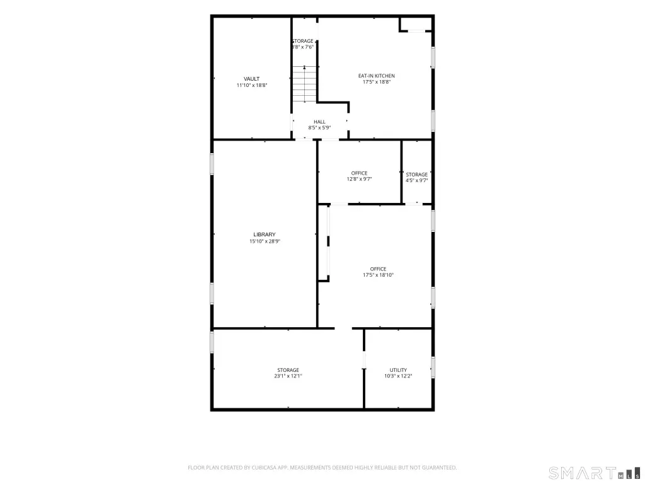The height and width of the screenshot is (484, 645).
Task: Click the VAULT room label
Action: click(x=251, y=79)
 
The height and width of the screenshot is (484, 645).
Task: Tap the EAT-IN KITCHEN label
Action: click(x=377, y=76)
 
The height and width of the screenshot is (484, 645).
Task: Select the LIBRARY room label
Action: click(x=265, y=234)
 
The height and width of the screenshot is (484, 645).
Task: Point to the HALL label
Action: click(x=319, y=122)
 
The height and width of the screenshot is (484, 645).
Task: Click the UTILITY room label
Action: click(x=398, y=370)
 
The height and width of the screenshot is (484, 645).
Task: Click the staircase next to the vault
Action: click(x=304, y=84)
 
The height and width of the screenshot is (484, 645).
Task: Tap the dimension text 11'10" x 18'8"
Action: click(x=252, y=85)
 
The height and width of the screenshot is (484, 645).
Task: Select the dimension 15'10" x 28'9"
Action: click(x=265, y=241)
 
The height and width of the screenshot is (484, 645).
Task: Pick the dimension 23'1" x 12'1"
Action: click(x=288, y=376)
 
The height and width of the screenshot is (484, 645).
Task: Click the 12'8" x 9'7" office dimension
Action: click(x=359, y=179)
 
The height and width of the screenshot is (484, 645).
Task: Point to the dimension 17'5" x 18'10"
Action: click(x=378, y=275)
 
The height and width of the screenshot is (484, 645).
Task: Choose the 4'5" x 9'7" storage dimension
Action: click(x=417, y=180)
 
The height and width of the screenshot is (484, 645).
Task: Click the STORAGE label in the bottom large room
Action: click(x=288, y=370)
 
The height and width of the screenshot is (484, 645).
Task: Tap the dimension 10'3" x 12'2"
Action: click(x=398, y=376)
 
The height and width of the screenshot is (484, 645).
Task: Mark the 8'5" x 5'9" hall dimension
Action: click(x=319, y=127)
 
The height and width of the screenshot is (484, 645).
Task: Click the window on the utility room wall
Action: click(x=433, y=367)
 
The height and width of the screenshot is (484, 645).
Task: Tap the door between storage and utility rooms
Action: click(x=364, y=360)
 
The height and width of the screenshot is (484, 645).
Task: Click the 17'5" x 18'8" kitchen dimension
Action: click(x=377, y=82)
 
